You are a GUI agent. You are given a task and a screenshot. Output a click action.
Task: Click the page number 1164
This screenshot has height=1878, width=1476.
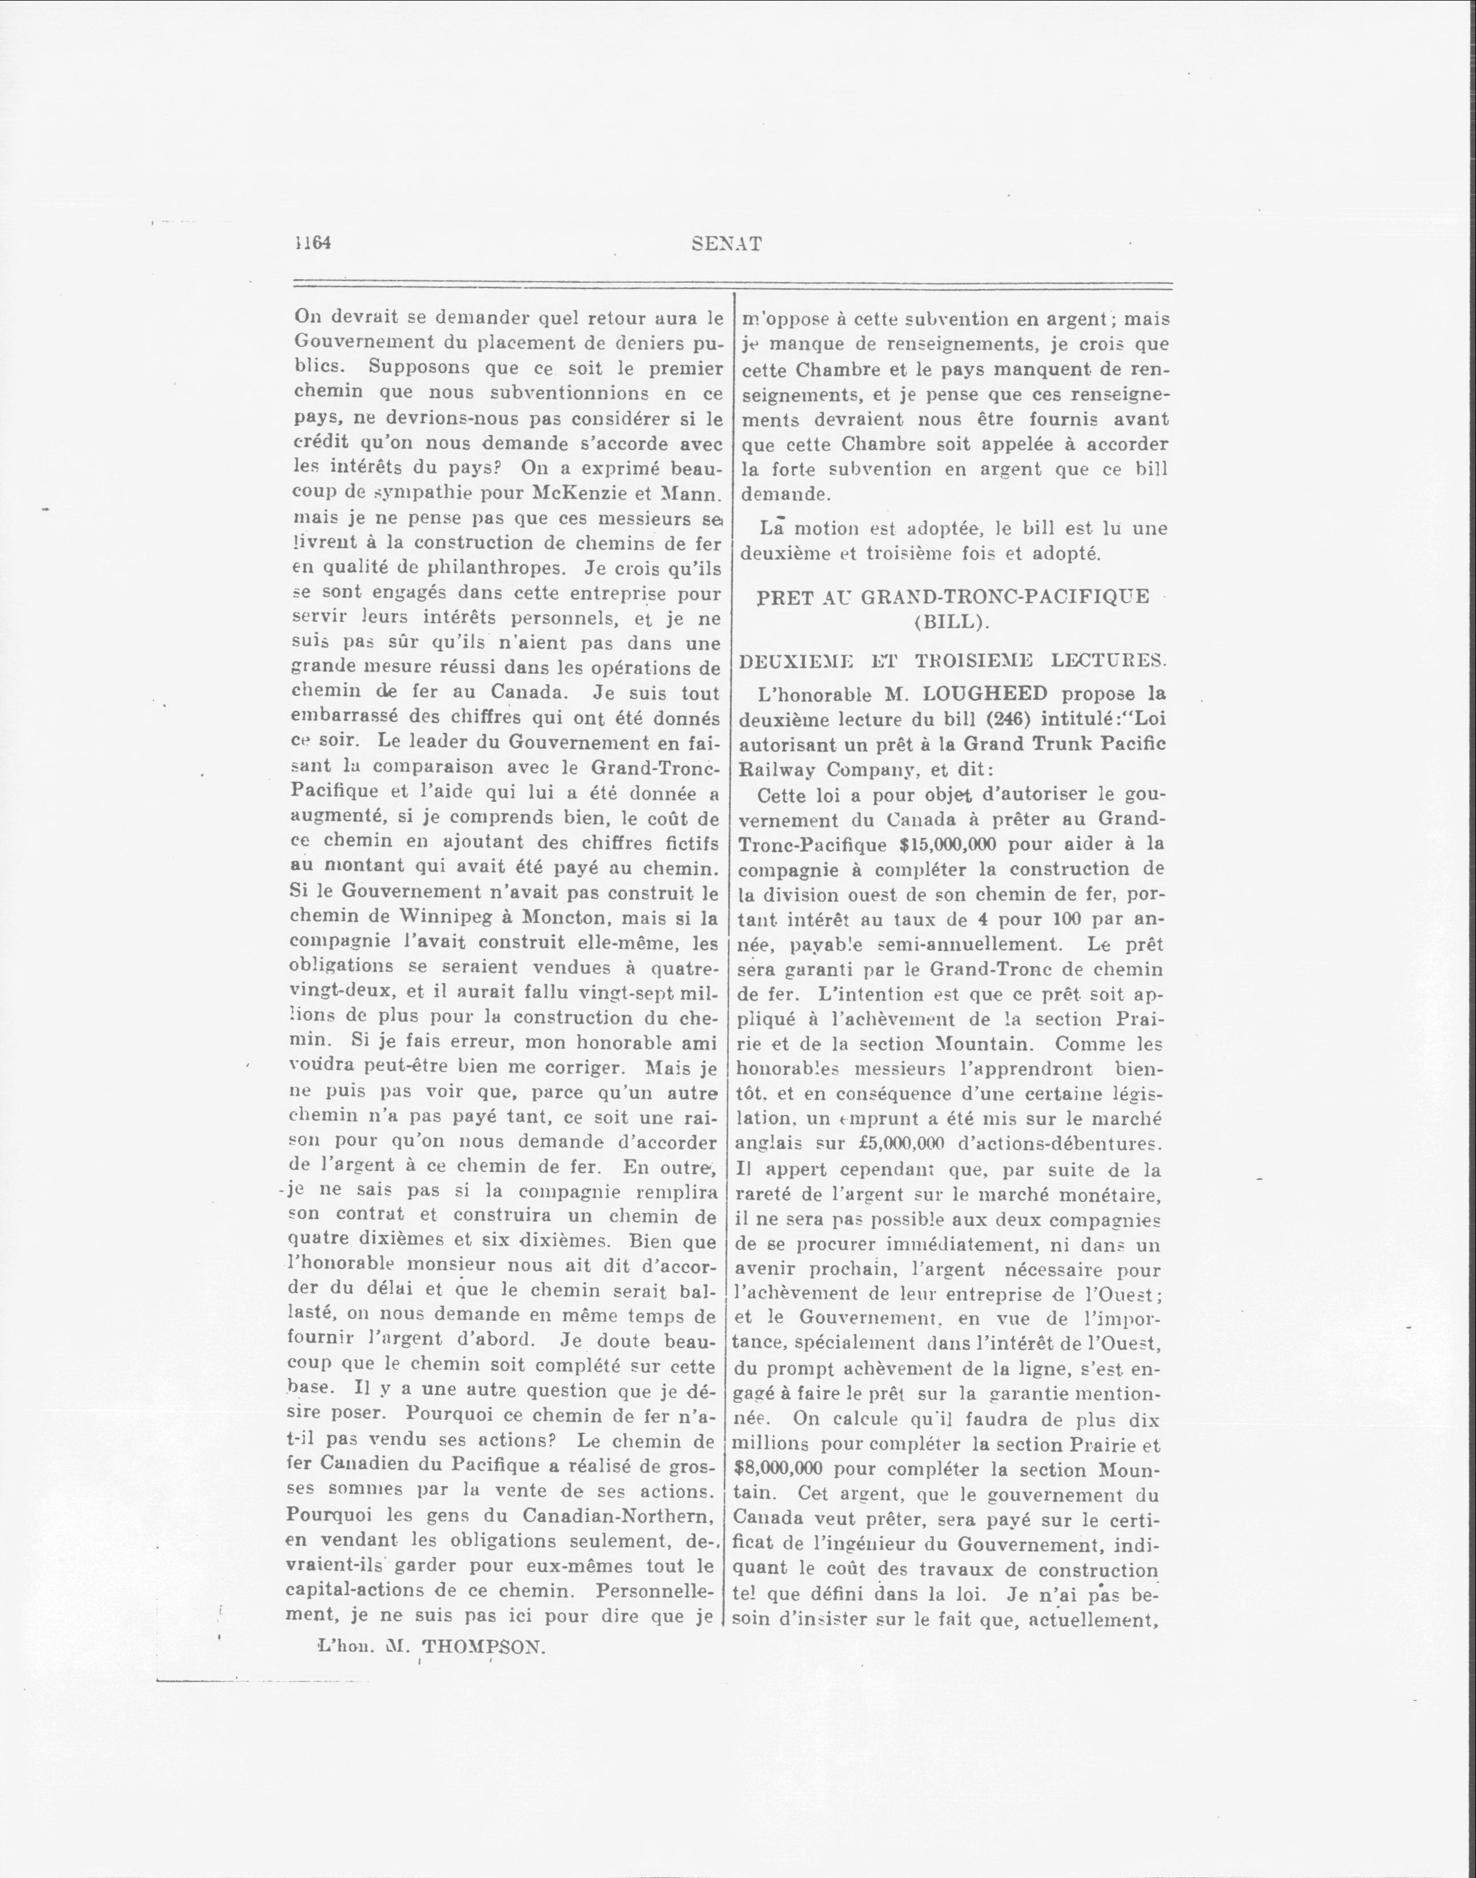314,244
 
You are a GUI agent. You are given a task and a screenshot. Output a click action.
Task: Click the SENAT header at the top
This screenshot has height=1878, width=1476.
727,244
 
